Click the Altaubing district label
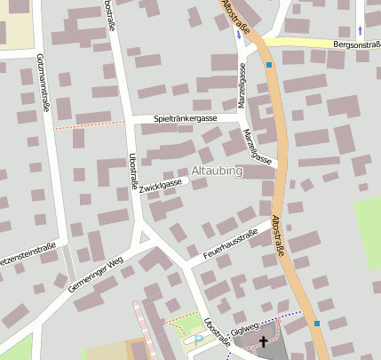(217, 171)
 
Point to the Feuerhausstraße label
(229, 243)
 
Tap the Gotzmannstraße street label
(43, 81)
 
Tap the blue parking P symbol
(197, 339)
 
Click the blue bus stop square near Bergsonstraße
(269, 64)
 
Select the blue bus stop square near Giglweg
(317, 324)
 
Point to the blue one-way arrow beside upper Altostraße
(238, 36)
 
